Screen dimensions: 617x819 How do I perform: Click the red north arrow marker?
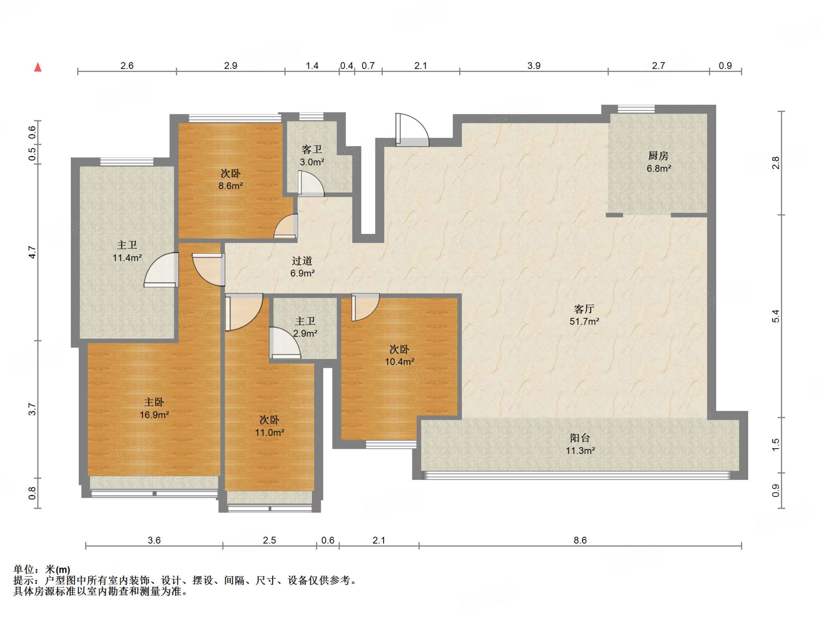[38, 67]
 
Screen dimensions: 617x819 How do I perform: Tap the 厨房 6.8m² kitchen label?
[659, 162]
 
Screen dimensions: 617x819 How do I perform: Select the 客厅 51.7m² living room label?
[584, 315]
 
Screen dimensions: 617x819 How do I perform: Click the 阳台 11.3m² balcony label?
[580, 444]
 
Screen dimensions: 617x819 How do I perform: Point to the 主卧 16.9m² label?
[154, 408]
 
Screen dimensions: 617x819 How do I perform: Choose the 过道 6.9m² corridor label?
[302, 267]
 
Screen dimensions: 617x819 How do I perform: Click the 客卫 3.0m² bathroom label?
[312, 156]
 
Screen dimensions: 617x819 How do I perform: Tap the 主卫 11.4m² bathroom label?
[127, 251]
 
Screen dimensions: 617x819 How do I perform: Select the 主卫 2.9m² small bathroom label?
[305, 327]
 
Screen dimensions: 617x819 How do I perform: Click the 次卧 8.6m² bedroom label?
[230, 179]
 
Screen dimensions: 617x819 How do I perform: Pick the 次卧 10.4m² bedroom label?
[399, 355]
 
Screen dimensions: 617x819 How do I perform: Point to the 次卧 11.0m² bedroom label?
[269, 426]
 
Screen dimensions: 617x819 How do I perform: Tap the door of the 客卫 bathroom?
[311, 184]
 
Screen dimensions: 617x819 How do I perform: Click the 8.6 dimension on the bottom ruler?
[580, 540]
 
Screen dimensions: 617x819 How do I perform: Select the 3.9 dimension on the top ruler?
[533, 66]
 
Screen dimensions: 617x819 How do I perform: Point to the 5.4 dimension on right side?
[775, 316]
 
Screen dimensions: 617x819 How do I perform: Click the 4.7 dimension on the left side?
[32, 252]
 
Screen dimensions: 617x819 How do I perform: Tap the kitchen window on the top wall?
[636, 109]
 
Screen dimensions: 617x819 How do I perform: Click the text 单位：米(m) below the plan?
[42, 569]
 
